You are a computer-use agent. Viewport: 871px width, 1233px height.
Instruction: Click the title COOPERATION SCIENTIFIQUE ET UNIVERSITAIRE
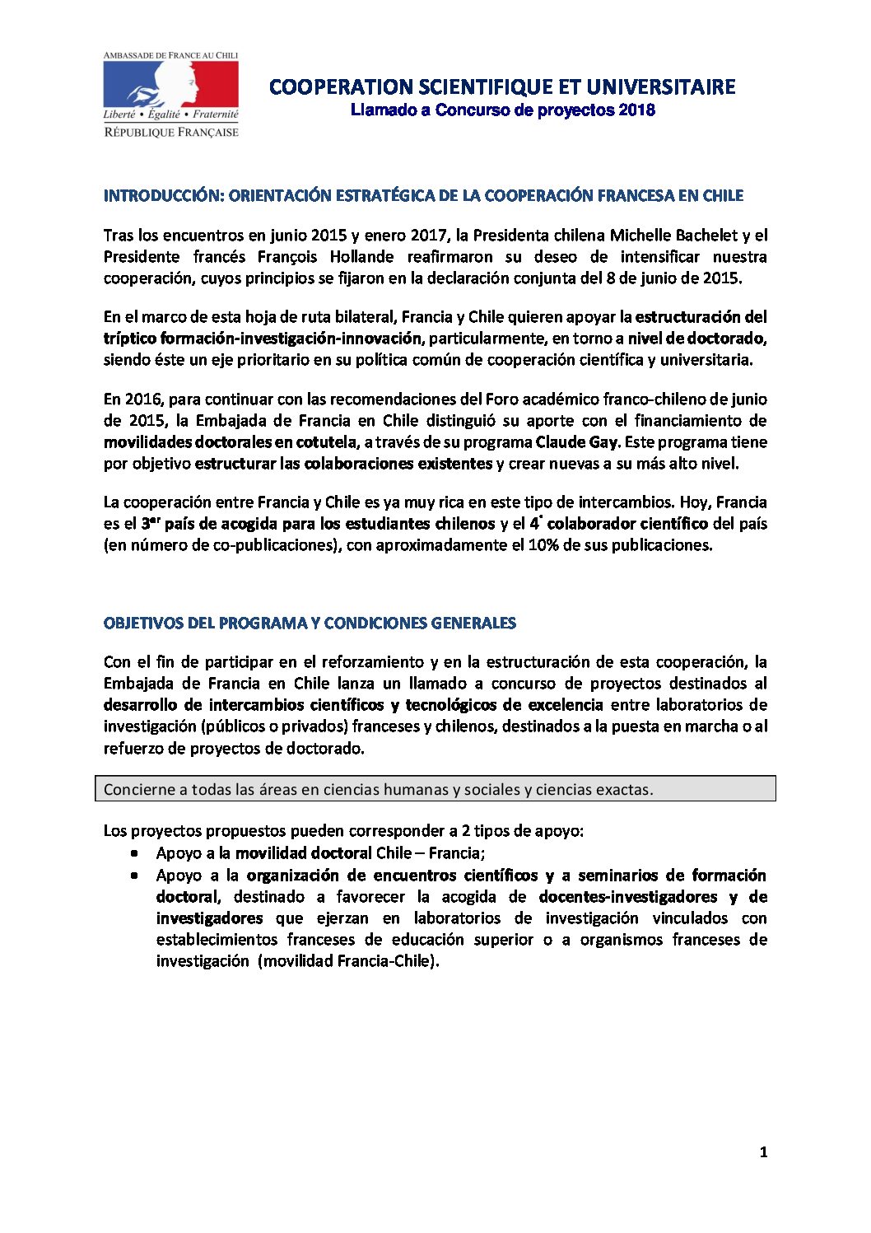tap(502, 87)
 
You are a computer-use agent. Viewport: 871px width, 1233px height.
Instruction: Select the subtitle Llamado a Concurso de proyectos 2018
tap(502, 110)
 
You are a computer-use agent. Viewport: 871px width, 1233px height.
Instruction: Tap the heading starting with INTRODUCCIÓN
tap(423, 196)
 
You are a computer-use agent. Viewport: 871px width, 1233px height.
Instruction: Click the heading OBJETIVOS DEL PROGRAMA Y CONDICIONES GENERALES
tap(310, 624)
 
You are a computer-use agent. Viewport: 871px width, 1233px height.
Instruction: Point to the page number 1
tap(763, 1152)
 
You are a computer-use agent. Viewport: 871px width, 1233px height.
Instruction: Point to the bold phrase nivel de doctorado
tap(696, 339)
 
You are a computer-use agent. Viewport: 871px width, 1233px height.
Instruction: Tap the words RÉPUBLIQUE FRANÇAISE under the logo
tap(171, 133)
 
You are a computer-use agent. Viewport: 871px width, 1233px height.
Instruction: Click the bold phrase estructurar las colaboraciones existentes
tap(343, 464)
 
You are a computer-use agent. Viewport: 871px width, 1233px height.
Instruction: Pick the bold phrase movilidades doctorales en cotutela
tap(231, 442)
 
